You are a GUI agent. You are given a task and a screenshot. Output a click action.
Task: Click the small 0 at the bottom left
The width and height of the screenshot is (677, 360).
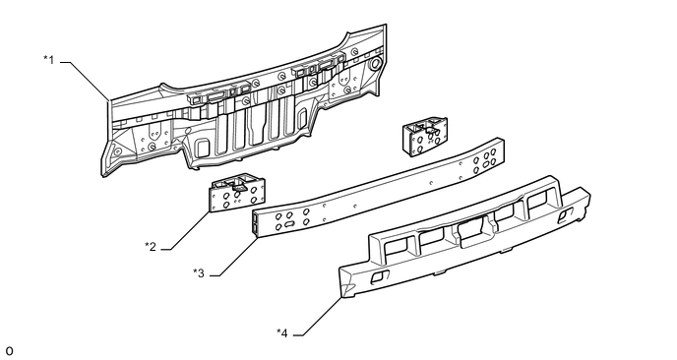tap(9, 350)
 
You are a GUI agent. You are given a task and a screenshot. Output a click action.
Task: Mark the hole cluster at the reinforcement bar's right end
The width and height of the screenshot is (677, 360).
tap(486, 161)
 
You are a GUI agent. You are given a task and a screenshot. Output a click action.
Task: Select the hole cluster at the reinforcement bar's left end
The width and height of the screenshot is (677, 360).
tap(290, 217)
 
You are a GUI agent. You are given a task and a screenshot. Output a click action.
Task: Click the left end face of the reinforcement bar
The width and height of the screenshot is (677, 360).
tap(256, 222)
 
